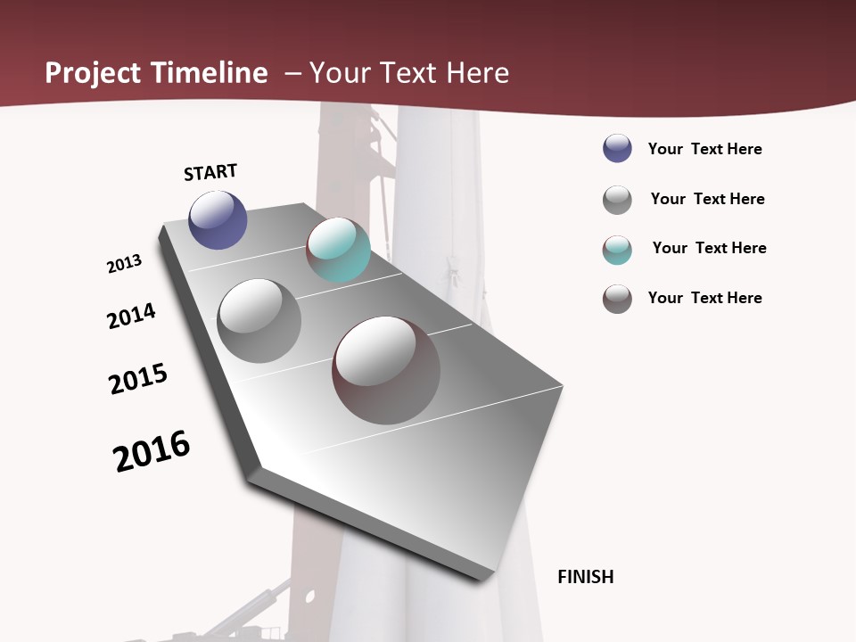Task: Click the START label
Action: tap(210, 172)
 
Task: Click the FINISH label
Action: tap(586, 577)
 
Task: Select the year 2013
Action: tap(124, 264)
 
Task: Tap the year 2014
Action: tap(131, 317)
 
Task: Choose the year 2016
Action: tap(152, 451)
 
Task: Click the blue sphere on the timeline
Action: tap(218, 219)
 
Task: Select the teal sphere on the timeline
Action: tap(338, 250)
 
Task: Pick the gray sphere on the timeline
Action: tap(259, 321)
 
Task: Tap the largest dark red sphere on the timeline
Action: tap(386, 370)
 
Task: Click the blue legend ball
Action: tap(617, 148)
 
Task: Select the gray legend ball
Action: tap(617, 200)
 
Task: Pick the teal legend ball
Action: tap(617, 250)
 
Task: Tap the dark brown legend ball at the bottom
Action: tap(617, 299)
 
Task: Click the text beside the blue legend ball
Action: tap(704, 149)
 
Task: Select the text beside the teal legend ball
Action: tap(709, 248)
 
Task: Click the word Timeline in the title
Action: tap(210, 73)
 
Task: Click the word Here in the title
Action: tap(477, 73)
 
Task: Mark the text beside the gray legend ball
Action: tap(707, 199)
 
